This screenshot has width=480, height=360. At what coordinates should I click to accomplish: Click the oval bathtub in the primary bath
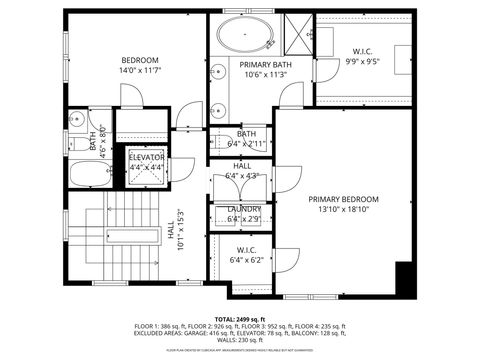[x=244, y=34]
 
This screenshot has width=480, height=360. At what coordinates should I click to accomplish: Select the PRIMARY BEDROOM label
[x=342, y=198]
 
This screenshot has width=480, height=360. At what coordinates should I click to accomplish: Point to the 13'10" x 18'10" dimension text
[x=342, y=210]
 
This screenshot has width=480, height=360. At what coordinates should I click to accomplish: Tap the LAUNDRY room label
[x=244, y=209]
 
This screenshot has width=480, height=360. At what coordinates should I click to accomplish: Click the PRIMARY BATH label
[x=265, y=64]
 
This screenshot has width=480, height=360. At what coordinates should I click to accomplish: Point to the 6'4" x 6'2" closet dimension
[x=245, y=260]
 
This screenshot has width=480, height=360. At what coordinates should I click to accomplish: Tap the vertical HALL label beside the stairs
[x=171, y=229]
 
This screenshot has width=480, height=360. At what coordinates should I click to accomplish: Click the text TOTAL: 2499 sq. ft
[x=240, y=317]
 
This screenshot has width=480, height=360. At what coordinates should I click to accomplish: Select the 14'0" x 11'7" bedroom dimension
[x=141, y=71]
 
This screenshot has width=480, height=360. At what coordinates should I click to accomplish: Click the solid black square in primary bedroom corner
[x=404, y=276]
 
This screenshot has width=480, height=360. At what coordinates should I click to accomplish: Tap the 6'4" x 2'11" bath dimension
[x=244, y=144]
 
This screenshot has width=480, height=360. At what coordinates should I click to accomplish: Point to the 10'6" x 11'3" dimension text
[x=265, y=74]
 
